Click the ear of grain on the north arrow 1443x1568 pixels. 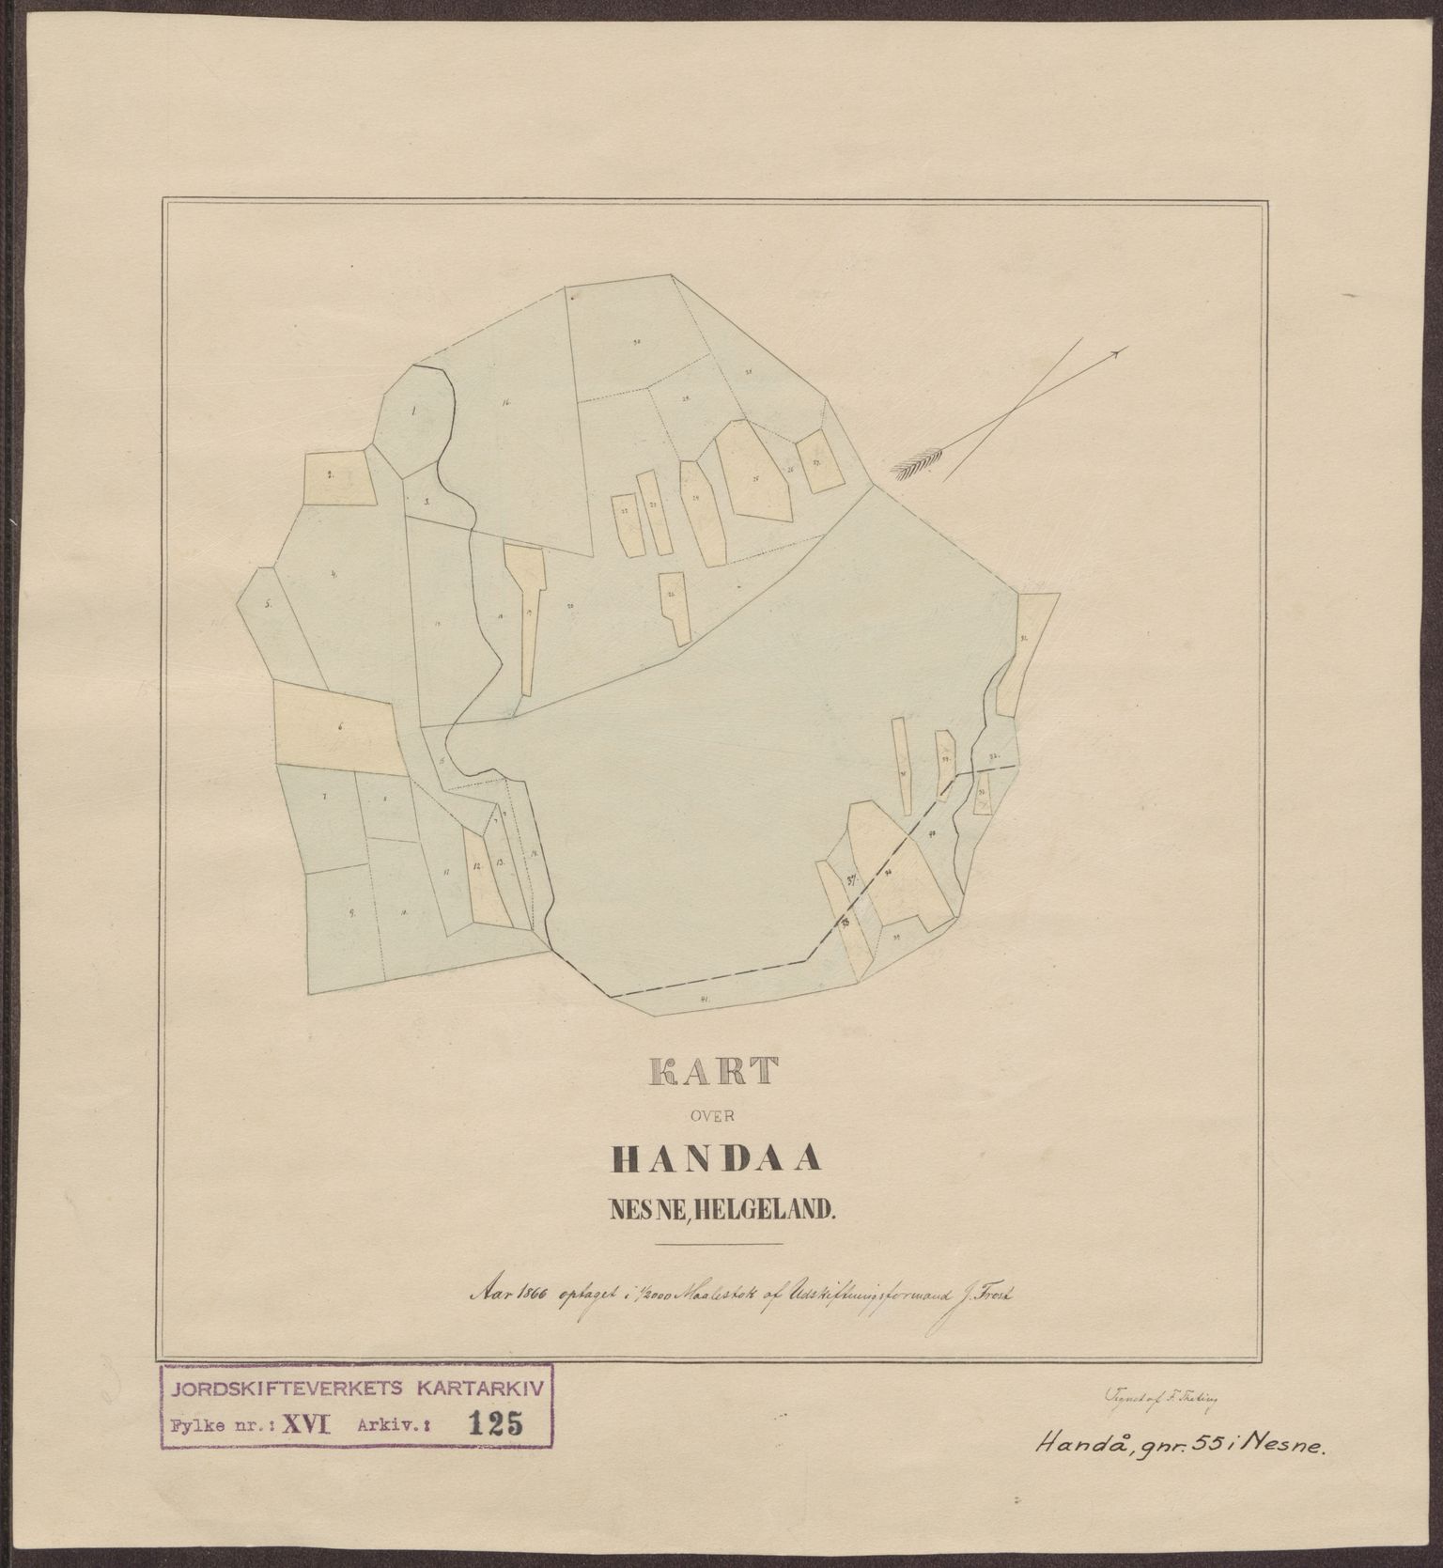pyautogui.click(x=912, y=465)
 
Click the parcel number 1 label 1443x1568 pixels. pyautogui.click(x=414, y=411)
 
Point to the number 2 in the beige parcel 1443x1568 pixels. pyautogui.click(x=331, y=475)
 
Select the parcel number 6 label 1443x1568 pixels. pyautogui.click(x=339, y=726)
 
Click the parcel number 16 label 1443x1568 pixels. pyautogui.click(x=505, y=404)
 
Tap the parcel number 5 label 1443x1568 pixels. pyautogui.click(x=268, y=605)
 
